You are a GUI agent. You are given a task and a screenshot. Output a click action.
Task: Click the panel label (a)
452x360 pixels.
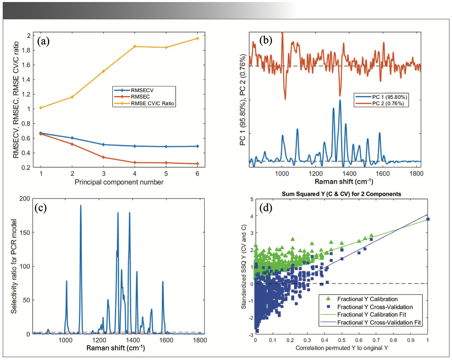[43, 41]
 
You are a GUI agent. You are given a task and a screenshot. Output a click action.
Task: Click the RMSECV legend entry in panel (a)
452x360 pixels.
[142, 90]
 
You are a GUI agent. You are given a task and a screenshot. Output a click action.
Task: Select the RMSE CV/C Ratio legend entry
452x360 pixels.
[152, 103]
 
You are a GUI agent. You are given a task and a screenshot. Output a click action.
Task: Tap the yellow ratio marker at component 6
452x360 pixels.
[197, 38]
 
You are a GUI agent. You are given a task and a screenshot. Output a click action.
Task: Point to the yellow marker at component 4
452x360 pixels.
[135, 46]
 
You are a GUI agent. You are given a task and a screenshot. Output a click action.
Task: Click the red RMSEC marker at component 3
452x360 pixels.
[103, 157]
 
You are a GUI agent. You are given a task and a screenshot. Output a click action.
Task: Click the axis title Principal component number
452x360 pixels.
[119, 182]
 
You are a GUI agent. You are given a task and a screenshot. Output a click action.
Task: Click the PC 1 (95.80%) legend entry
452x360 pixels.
[389, 97]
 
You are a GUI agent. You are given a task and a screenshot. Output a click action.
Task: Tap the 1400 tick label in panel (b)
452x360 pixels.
[349, 173]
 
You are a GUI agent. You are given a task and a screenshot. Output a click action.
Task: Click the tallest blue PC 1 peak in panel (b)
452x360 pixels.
[340, 100]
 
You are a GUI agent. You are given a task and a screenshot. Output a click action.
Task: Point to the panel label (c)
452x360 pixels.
[41, 207]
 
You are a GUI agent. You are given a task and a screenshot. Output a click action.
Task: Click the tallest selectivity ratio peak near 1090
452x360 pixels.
[81, 205]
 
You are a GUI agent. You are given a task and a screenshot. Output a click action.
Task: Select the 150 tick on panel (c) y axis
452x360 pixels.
[25, 233]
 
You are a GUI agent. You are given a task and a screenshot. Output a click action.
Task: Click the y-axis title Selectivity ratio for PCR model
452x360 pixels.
[14, 266]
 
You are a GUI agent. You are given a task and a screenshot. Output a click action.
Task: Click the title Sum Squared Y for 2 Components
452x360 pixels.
[341, 194]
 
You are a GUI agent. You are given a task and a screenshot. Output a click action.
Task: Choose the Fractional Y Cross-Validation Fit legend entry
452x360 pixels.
[379, 323]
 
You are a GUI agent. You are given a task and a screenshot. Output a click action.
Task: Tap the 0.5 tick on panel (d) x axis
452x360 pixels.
[342, 340]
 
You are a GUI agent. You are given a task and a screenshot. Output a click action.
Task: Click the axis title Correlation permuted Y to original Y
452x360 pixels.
[342, 348]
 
